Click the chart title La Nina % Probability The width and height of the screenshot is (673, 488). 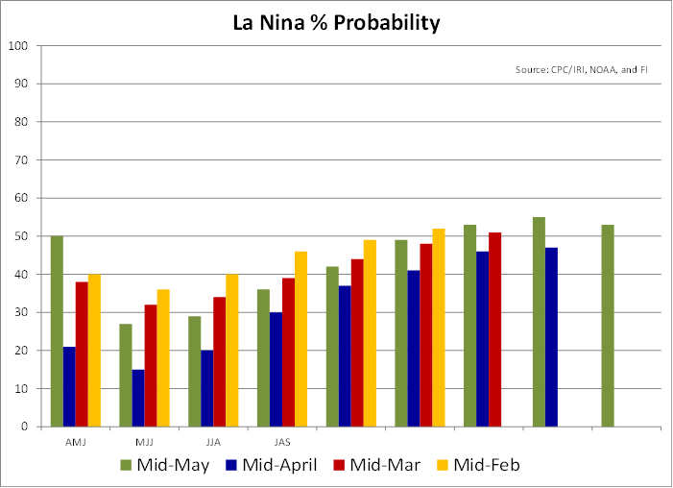336,22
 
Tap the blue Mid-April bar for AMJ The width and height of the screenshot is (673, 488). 69,386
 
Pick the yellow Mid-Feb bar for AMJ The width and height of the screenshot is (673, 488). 94,351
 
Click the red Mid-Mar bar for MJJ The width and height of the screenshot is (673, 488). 151,366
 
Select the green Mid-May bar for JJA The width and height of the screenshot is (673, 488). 194,372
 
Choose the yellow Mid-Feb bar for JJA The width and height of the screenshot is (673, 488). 231,351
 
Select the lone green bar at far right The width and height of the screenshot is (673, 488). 608,326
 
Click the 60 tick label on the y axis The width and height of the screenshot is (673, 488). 20,198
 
